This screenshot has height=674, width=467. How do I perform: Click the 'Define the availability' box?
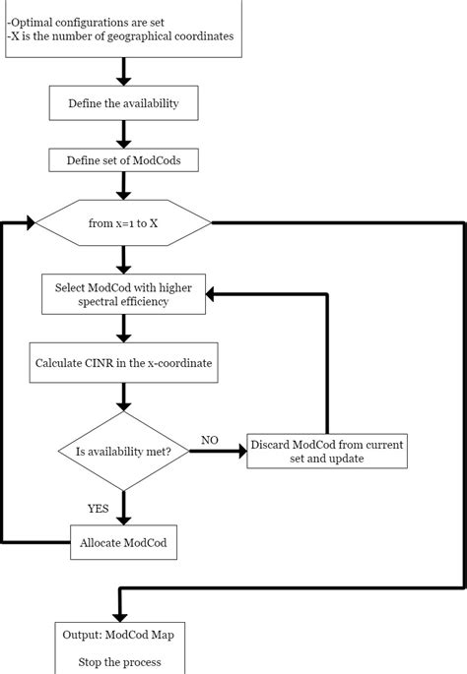tap(123, 103)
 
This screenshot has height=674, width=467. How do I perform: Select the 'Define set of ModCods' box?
tap(123, 160)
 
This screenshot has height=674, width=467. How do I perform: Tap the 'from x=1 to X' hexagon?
tap(123, 223)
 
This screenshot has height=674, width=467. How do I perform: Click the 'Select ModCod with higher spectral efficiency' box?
tap(123, 293)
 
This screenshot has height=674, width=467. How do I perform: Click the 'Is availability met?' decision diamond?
tap(123, 452)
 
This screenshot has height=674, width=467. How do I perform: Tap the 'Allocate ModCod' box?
tap(123, 542)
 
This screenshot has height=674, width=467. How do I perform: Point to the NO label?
tap(209, 439)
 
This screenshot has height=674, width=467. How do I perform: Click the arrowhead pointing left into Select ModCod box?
tap(213, 293)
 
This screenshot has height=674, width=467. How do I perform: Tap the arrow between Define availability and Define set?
tap(123, 133)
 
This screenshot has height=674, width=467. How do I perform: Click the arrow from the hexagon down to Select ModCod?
tap(123, 259)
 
